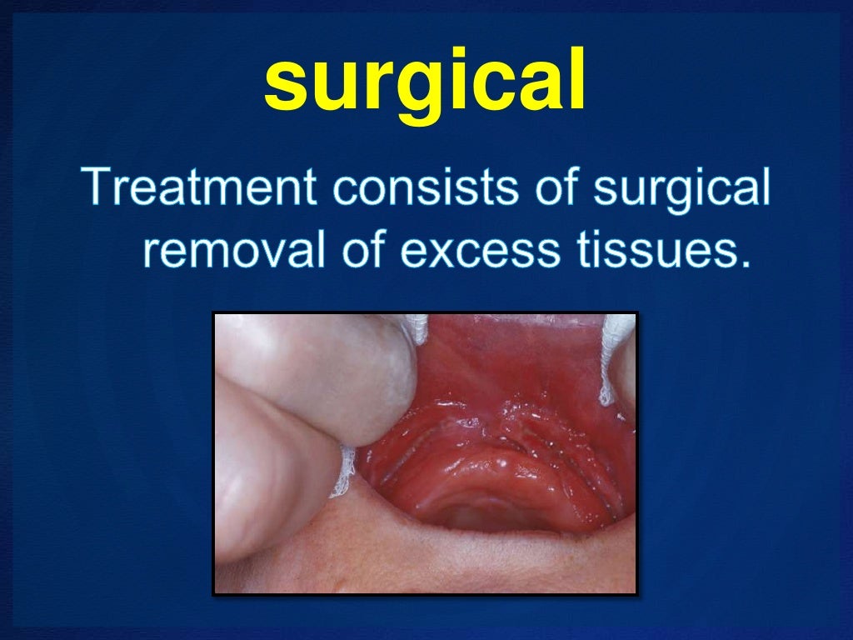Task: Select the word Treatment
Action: coord(199,189)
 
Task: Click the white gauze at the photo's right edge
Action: coord(616,358)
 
